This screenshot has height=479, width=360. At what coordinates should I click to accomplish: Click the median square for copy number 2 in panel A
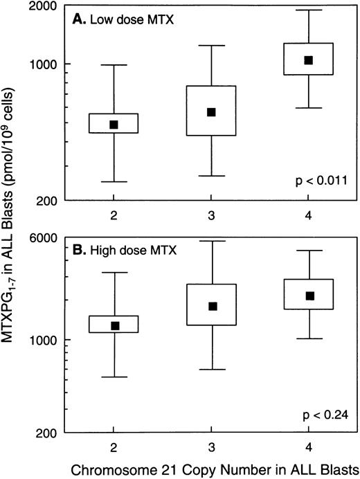(114, 125)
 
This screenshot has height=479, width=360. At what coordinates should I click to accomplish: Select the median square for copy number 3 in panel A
(212, 112)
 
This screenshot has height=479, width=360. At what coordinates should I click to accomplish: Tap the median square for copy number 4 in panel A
(309, 60)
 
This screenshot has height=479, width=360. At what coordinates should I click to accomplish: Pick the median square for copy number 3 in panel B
(212, 306)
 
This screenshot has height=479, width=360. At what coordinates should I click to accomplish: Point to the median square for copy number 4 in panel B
(309, 296)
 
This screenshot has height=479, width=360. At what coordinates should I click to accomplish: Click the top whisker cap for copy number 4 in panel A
(309, 10)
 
